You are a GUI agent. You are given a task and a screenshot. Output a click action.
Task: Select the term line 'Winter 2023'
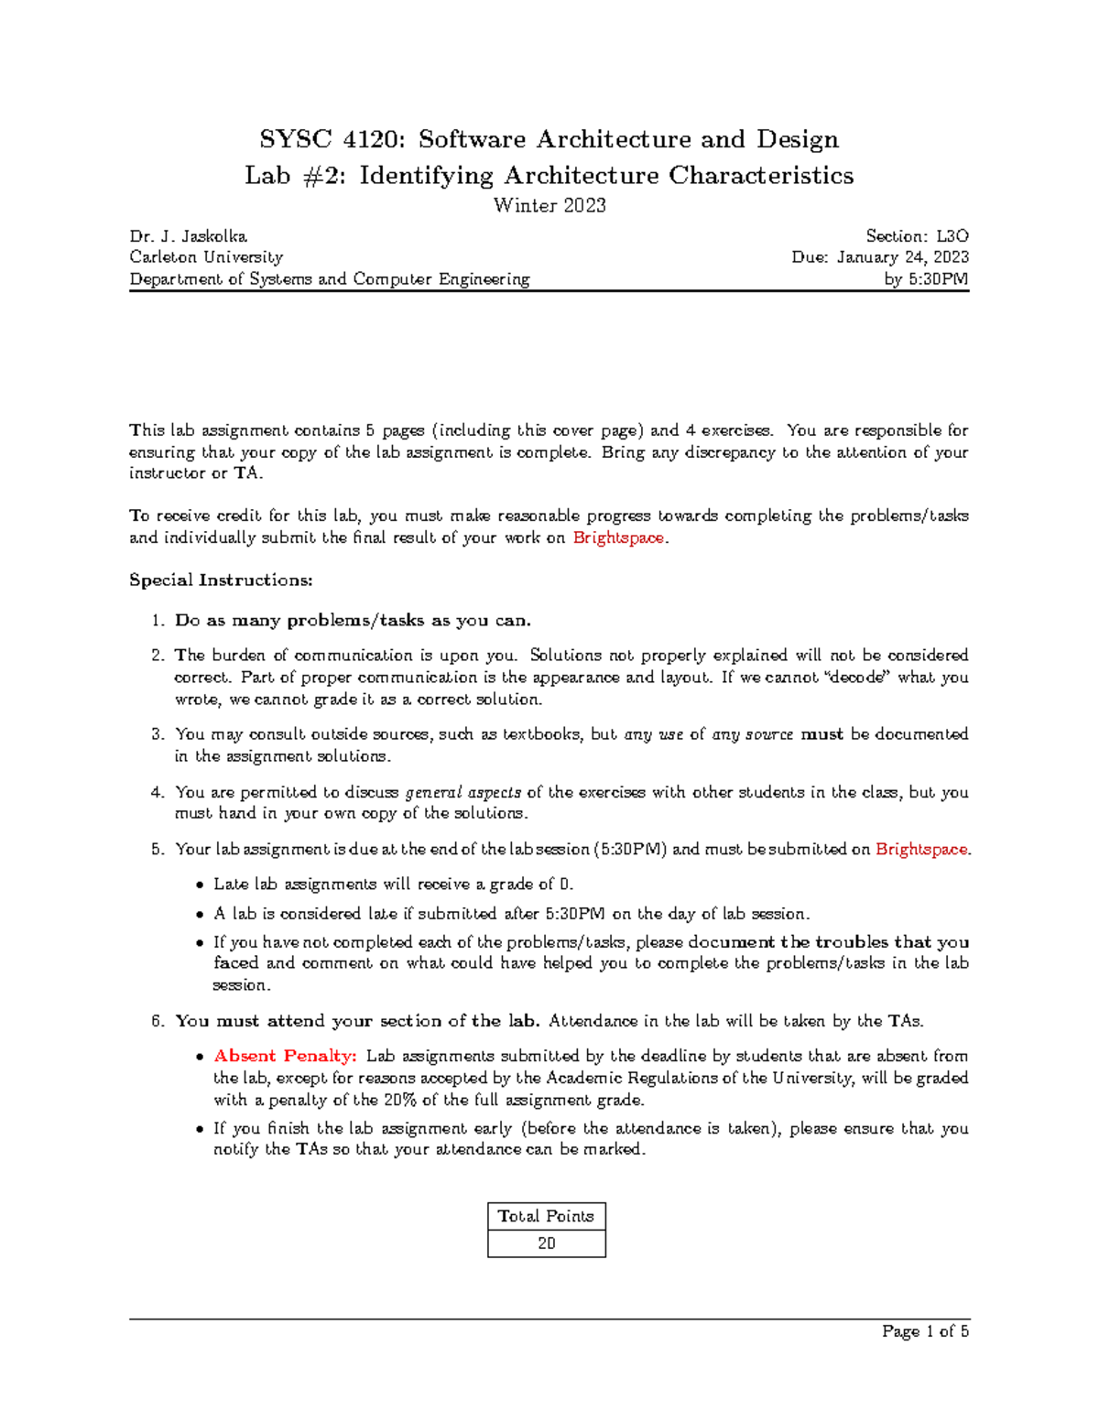549,205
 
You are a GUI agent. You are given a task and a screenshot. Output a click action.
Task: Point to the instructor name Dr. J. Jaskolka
188,236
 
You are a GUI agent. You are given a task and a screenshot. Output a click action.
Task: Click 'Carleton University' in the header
206,257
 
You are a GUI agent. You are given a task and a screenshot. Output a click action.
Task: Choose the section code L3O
952,236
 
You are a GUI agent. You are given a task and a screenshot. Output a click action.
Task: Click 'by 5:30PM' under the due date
927,279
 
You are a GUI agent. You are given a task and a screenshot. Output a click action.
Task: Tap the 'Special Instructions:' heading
221,580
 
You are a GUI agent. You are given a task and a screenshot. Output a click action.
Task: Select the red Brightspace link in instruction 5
921,849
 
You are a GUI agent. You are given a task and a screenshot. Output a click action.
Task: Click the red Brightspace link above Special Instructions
618,537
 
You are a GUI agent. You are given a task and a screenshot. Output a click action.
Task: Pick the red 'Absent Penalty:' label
285,1056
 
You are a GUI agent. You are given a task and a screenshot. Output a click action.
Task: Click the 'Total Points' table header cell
546,1216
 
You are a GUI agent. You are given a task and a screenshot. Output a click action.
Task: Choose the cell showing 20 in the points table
546,1243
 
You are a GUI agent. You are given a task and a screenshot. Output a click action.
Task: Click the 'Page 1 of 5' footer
925,1331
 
